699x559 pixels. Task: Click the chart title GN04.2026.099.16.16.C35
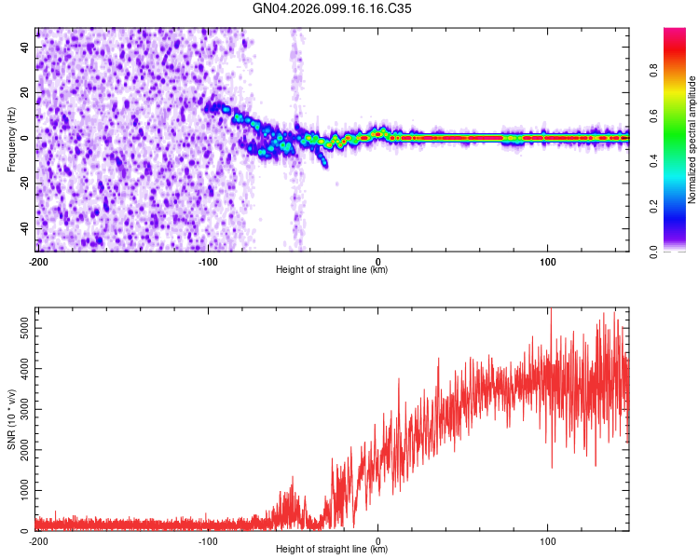(333, 8)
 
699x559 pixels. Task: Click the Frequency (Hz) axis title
(11, 139)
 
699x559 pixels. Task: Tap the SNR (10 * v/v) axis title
(11, 419)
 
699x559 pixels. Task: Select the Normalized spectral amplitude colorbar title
(692, 140)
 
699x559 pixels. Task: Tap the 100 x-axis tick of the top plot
(548, 261)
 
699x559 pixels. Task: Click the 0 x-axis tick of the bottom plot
(377, 540)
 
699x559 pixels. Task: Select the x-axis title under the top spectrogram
(332, 270)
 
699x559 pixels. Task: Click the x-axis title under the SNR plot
(332, 550)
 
